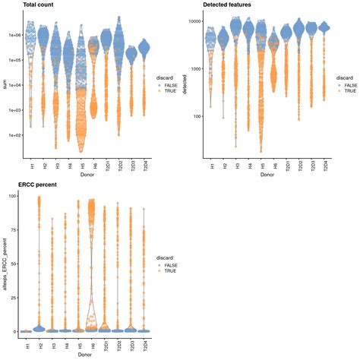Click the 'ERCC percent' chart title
tap(22, 185)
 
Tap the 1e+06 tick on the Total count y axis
tap(13, 35)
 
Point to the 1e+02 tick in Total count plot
tap(13, 135)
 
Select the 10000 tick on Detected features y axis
tap(199, 22)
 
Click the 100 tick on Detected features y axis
tap(201, 116)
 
